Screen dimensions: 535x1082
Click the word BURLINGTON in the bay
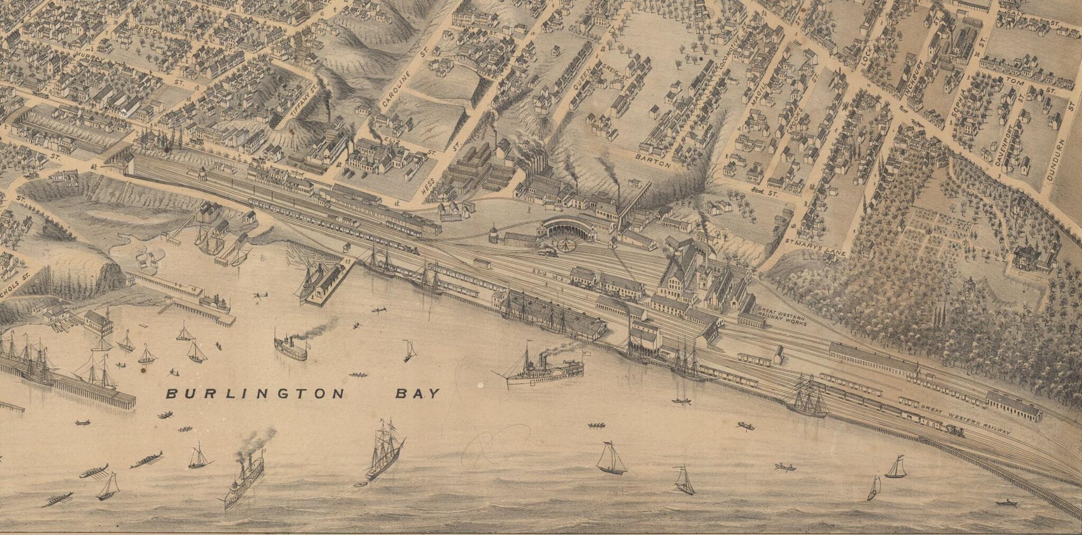pyautogui.click(x=254, y=394)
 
